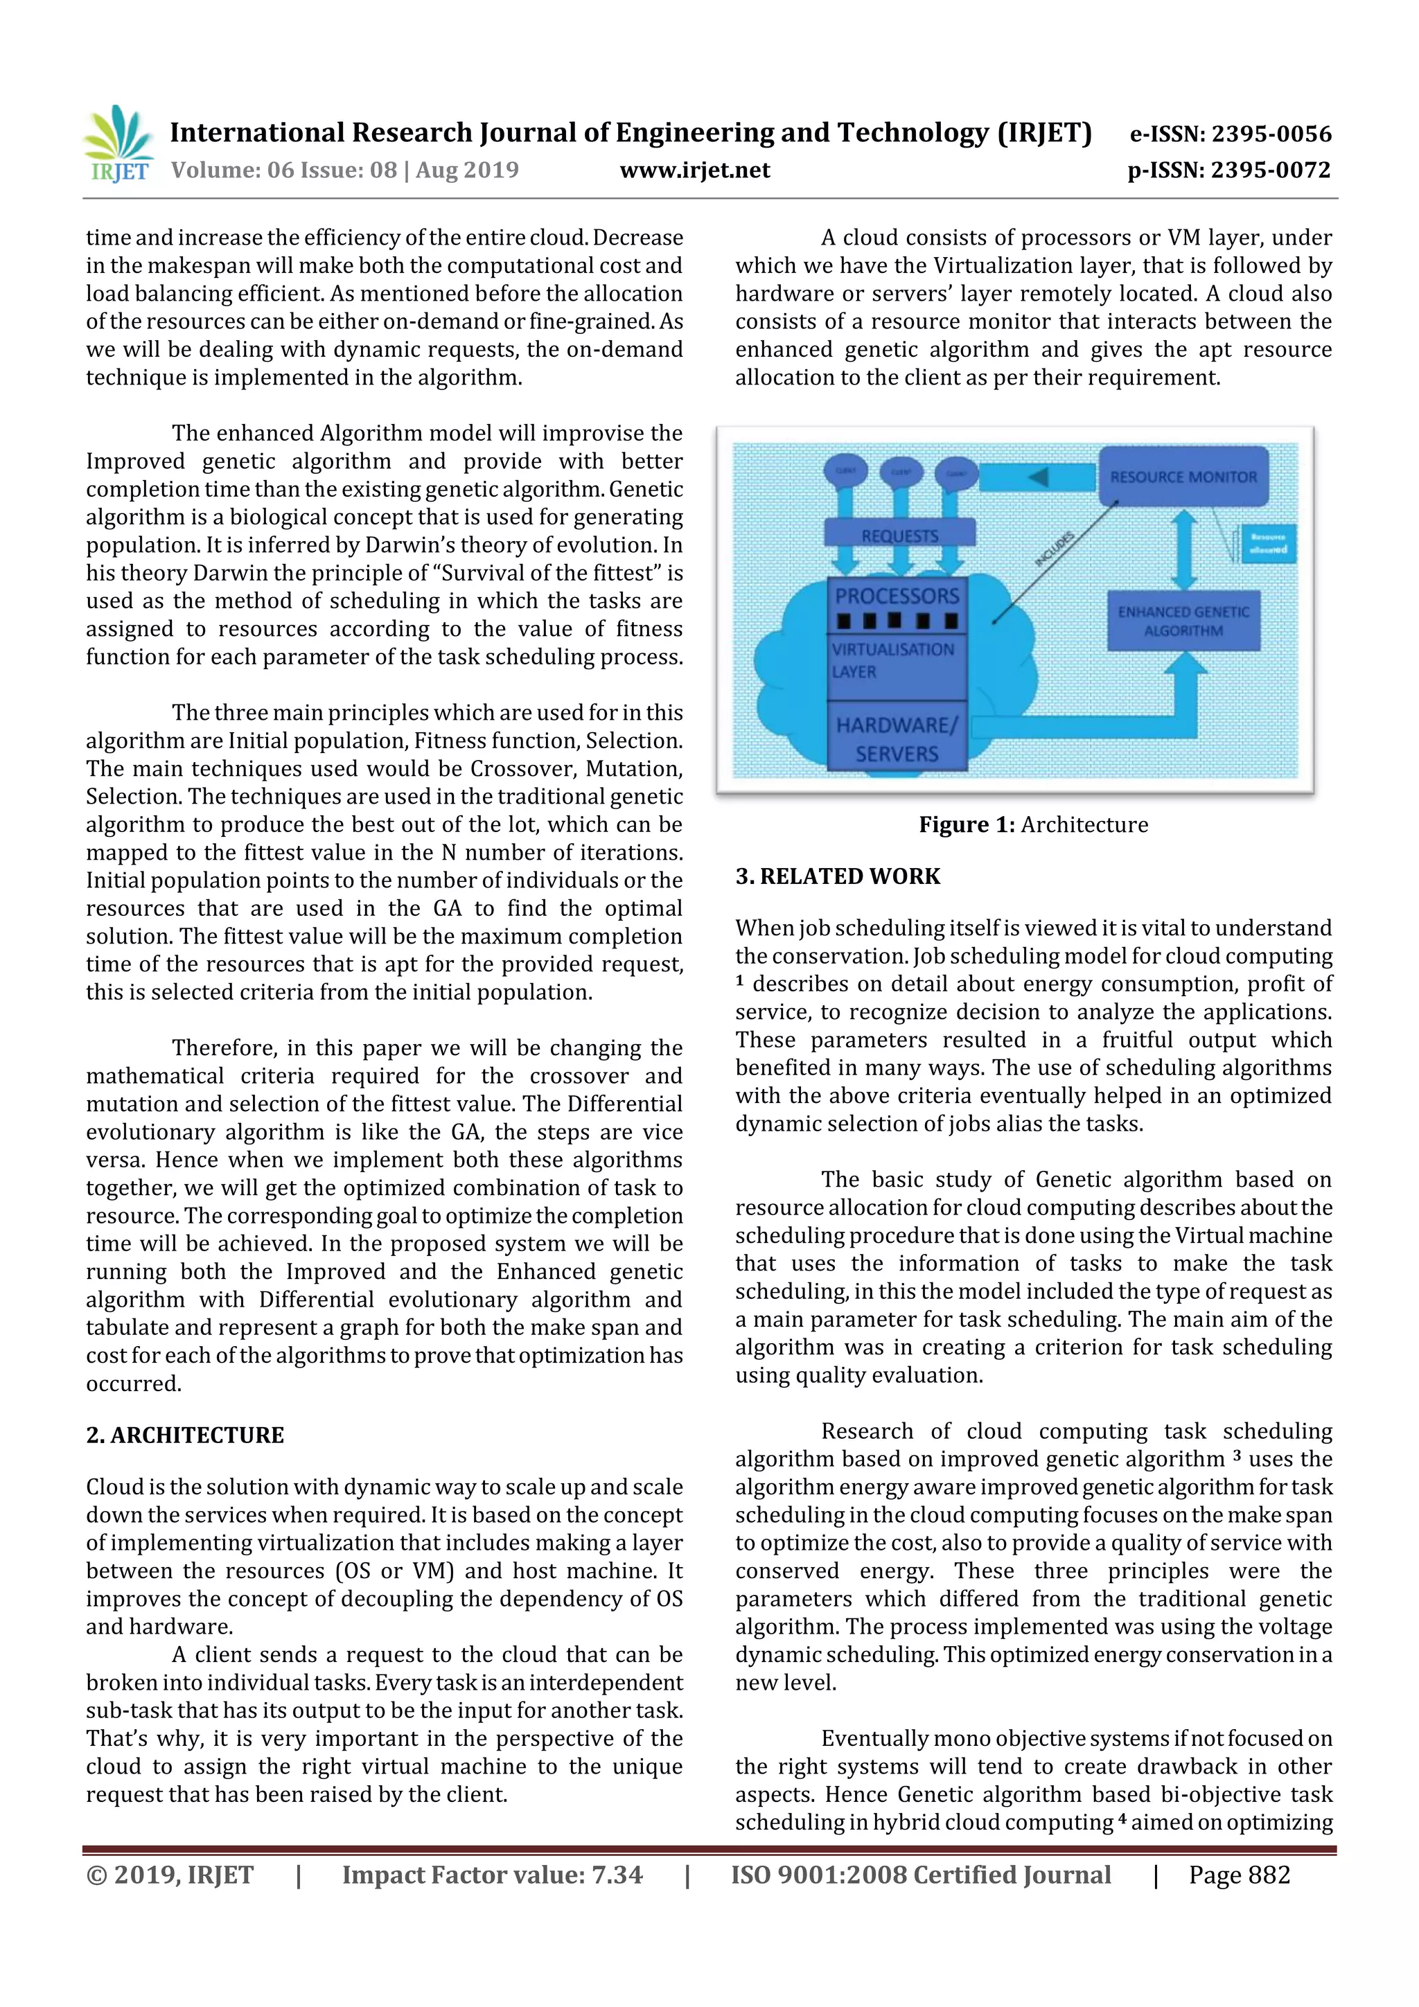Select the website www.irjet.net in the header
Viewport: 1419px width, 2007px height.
(694, 170)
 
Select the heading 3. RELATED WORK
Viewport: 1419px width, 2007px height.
(837, 877)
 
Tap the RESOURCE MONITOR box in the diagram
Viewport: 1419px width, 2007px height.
(1182, 477)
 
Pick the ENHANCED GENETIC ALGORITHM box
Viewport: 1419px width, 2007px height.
(1183, 621)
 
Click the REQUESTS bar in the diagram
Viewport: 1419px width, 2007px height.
(899, 535)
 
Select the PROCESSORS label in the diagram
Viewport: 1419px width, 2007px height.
(897, 596)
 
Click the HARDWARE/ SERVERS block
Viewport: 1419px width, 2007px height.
(897, 739)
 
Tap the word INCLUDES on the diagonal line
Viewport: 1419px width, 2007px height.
(1054, 549)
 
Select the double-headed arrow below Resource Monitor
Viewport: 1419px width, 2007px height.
(1184, 549)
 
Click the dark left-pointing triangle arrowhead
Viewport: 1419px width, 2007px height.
(1038, 477)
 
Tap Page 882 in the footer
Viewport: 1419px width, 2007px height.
(1238, 1875)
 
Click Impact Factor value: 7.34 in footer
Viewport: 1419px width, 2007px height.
(491, 1875)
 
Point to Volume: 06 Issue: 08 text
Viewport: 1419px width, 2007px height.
(284, 170)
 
